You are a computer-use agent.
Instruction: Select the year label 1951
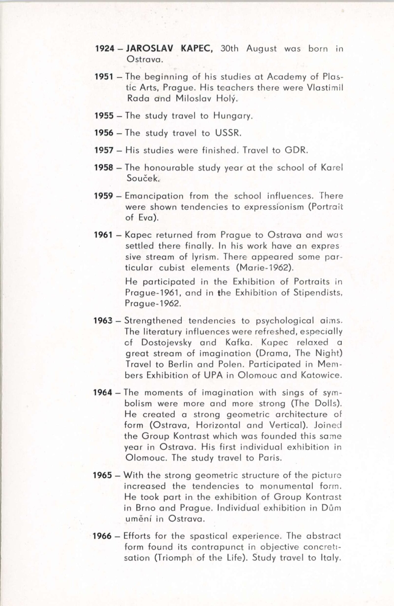[x=104, y=76]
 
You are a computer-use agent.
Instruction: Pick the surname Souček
[x=143, y=178]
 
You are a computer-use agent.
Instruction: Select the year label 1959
[x=103, y=196]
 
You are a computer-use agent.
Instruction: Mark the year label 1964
[x=103, y=393]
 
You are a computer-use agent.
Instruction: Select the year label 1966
[x=102, y=536]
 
